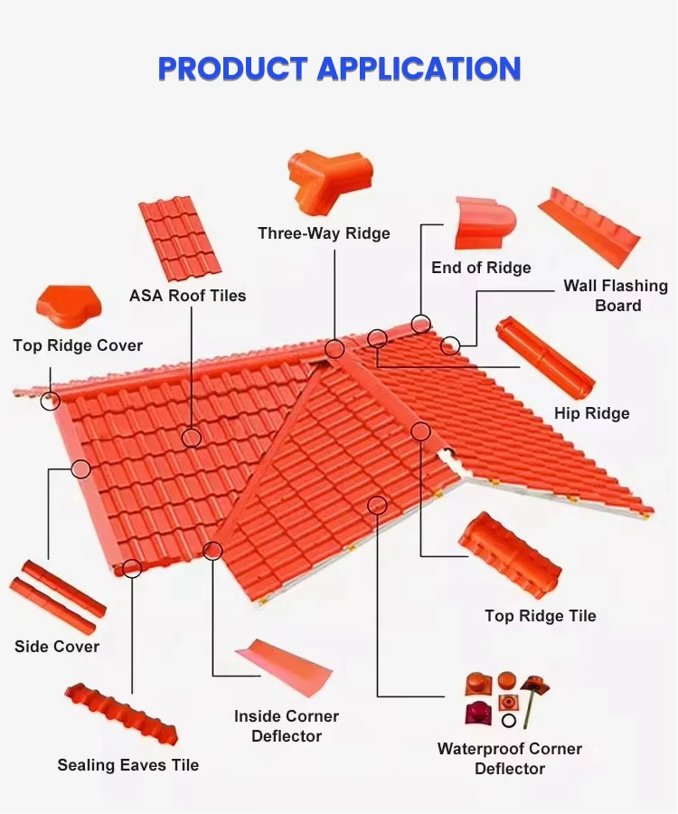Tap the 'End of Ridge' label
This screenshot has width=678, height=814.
pyautogui.click(x=481, y=268)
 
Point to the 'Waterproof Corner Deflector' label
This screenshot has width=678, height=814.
pyautogui.click(x=510, y=758)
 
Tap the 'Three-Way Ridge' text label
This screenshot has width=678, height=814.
pyautogui.click(x=324, y=233)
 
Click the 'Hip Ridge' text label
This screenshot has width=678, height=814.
pyautogui.click(x=591, y=413)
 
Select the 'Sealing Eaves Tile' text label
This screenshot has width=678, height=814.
pyautogui.click(x=127, y=765)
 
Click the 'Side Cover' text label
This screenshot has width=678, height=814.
pyautogui.click(x=57, y=647)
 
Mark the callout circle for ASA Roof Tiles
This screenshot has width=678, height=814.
pyautogui.click(x=192, y=438)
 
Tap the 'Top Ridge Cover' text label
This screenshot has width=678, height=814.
pyautogui.click(x=78, y=345)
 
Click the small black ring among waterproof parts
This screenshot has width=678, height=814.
pyautogui.click(x=509, y=721)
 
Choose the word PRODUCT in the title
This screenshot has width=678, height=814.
pyautogui.click(x=231, y=69)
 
